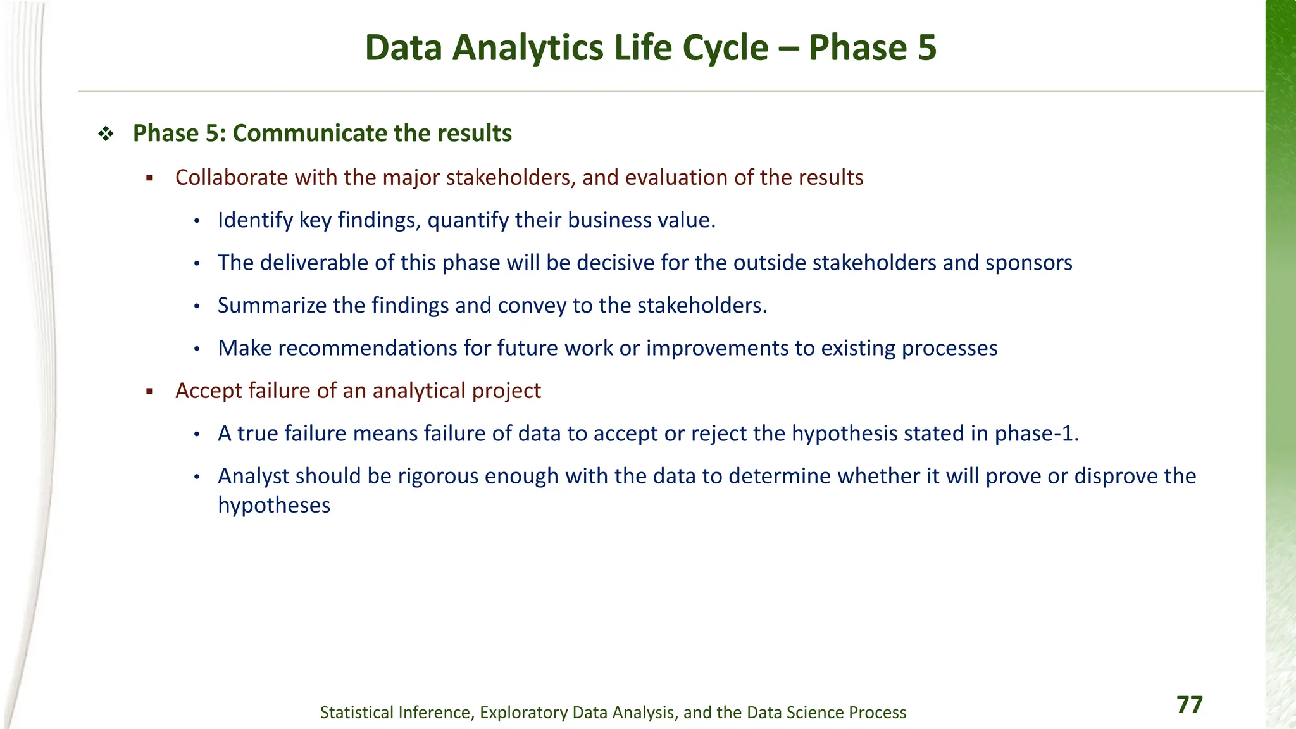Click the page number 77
1189,705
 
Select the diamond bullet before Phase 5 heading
106,134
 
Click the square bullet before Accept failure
150,392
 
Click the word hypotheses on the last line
274,506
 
